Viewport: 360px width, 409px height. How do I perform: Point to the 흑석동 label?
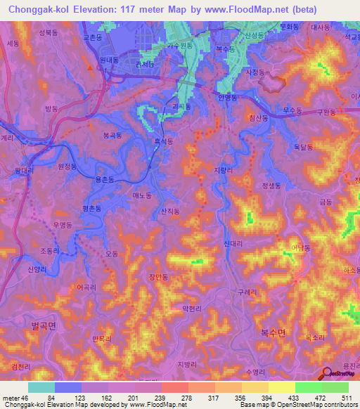click(x=164, y=141)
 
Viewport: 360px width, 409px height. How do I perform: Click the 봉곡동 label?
click(x=112, y=134)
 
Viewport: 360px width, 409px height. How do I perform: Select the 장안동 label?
click(x=158, y=278)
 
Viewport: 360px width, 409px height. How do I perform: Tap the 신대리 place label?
click(x=233, y=243)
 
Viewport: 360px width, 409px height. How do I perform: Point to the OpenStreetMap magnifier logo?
click(x=326, y=373)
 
